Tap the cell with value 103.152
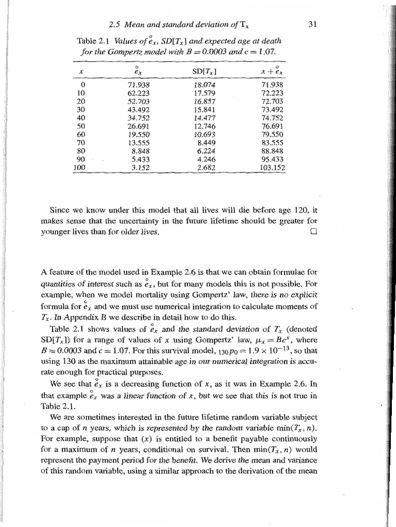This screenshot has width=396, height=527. pyautogui.click(x=273, y=167)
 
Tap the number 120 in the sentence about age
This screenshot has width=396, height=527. pyautogui.click(x=293, y=210)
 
